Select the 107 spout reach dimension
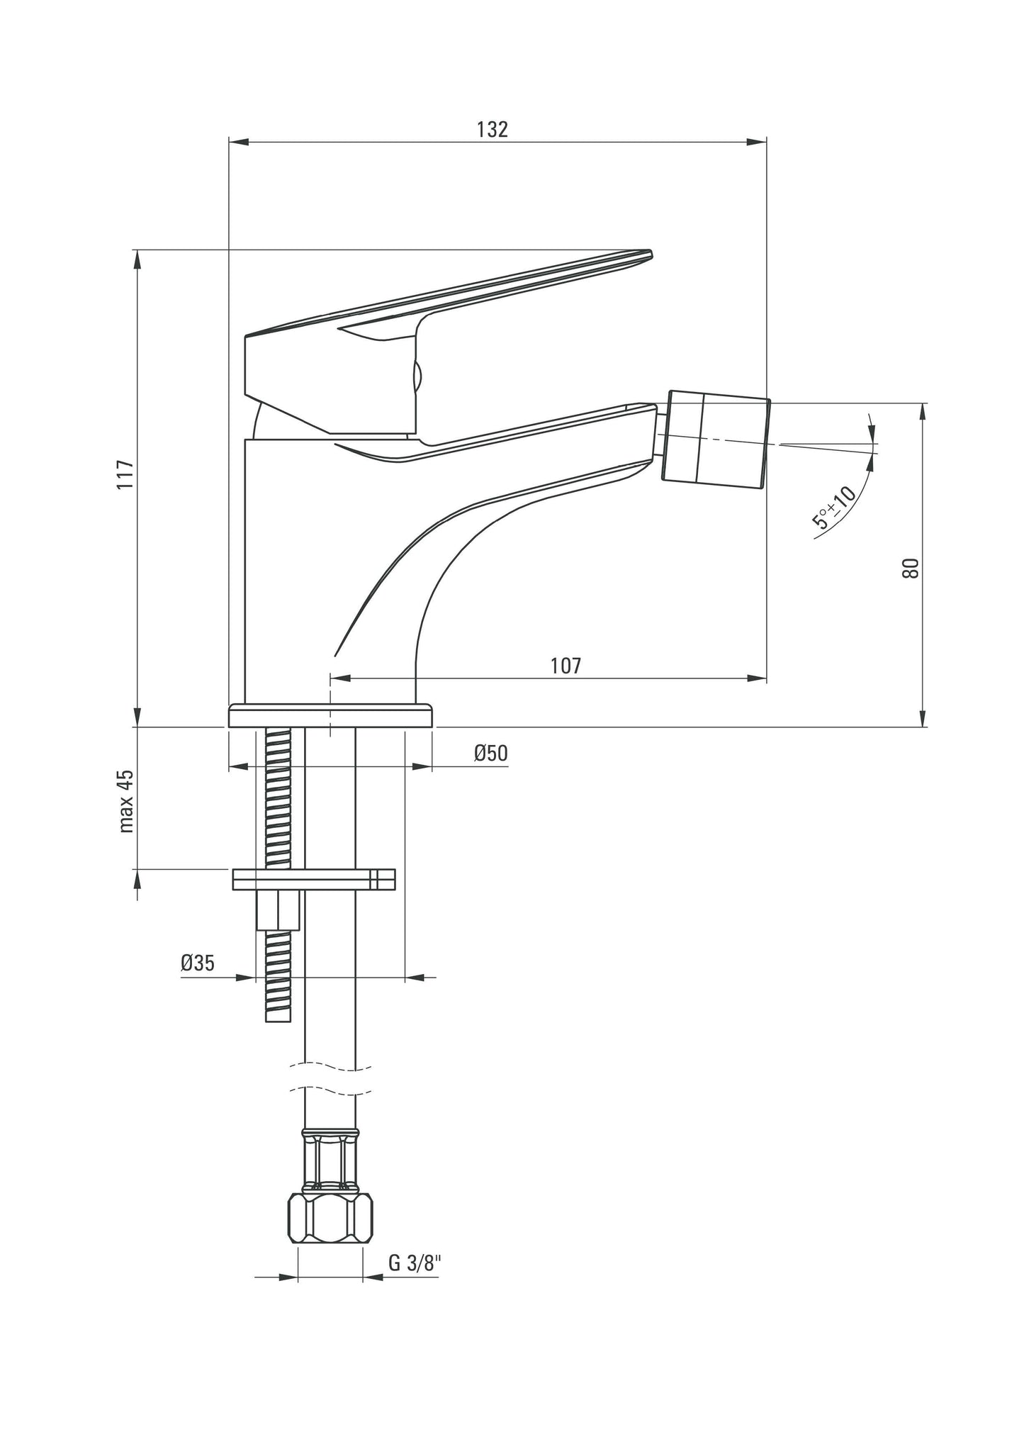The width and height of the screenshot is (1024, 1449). click(x=565, y=666)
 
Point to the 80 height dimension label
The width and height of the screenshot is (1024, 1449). click(x=911, y=568)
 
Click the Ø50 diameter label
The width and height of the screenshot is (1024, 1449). click(x=491, y=754)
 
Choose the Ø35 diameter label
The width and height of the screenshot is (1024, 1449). click(x=197, y=963)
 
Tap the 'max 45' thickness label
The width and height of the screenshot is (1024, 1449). click(x=126, y=800)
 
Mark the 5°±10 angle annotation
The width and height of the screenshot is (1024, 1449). click(x=835, y=508)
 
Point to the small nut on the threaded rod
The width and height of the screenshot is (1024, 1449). click(x=278, y=911)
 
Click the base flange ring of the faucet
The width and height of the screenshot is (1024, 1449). click(x=330, y=715)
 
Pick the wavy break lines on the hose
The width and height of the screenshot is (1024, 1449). click(x=330, y=1077)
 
